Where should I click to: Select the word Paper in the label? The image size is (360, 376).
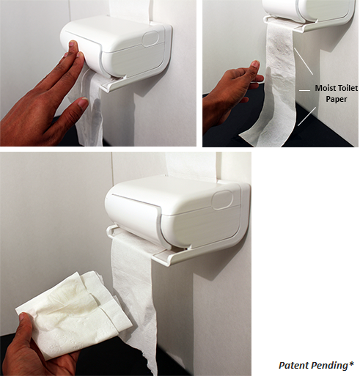click(337, 99)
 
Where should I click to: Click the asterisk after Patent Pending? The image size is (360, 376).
click(351, 364)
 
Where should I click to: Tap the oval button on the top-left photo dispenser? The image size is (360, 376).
click(150, 39)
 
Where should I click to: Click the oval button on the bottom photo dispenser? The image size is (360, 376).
click(222, 200)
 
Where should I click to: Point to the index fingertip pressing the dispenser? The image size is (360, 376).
click(73, 44)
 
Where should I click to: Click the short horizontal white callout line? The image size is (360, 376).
click(305, 90)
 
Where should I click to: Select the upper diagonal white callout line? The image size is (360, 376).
click(304, 61)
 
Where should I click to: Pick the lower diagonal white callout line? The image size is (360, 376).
click(307, 117)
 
